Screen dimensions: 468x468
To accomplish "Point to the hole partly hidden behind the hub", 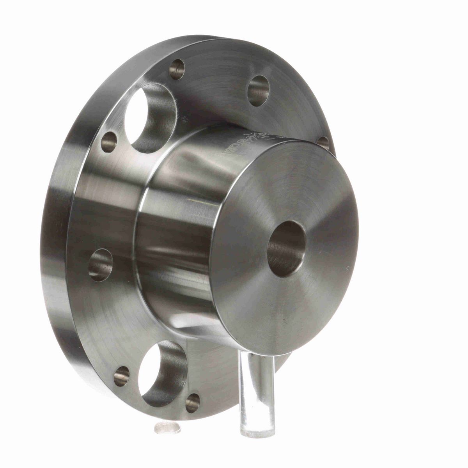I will click(323, 143).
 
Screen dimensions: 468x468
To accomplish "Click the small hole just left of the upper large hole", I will click(109, 142).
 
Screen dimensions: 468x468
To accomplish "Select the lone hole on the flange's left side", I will click(101, 265).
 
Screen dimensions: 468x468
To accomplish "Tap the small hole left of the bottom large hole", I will click(121, 376).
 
